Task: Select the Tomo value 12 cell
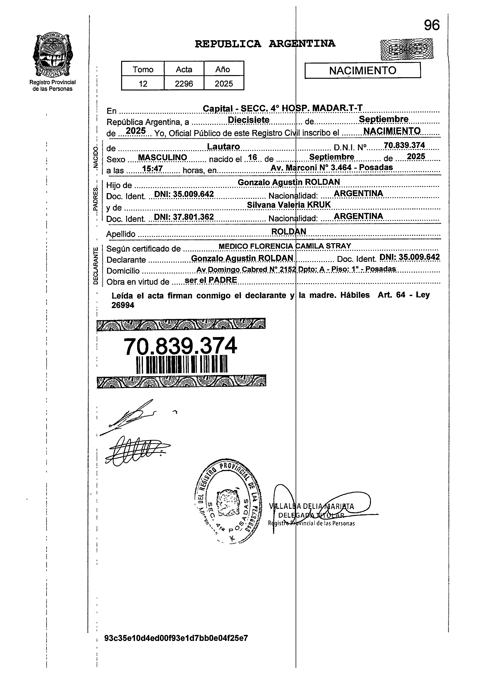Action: (143, 84)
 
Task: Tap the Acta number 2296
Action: (184, 84)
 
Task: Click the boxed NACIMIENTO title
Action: (363, 70)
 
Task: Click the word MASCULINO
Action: (163, 157)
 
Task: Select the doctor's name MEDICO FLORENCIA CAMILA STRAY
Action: (285, 246)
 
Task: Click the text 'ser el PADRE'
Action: (211, 280)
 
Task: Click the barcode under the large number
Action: (182, 365)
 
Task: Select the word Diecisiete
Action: (248, 120)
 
